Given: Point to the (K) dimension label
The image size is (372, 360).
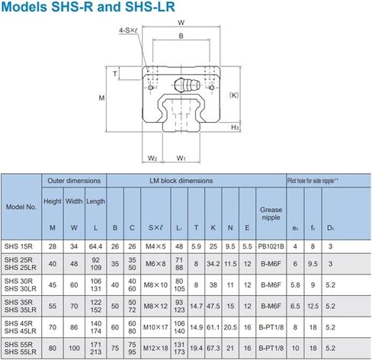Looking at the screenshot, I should pos(233,95).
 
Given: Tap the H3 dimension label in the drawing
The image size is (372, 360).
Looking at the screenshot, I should pos(236,127).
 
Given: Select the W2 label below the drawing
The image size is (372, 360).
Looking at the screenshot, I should pos(152,158).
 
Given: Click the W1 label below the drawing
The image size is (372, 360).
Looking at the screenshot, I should pos(181,158).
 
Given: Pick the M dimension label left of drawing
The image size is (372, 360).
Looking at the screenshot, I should pos(102,98).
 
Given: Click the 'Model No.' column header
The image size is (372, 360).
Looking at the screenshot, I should pos(21,207).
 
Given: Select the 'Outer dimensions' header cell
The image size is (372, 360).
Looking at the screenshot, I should pos(74,181).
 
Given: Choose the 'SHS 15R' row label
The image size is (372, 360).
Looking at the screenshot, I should pos(21,246).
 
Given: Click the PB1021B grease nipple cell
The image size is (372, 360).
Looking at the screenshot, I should pos(271,246).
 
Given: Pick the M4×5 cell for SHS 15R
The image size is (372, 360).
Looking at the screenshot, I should pos(155,246).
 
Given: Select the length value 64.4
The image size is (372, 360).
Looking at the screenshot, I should pos(96,246).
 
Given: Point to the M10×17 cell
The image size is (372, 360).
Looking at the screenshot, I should pos(155,327).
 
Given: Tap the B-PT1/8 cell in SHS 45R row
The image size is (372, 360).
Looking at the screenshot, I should pos(271,327).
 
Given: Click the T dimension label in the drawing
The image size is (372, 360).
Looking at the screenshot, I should pos(115,73).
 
